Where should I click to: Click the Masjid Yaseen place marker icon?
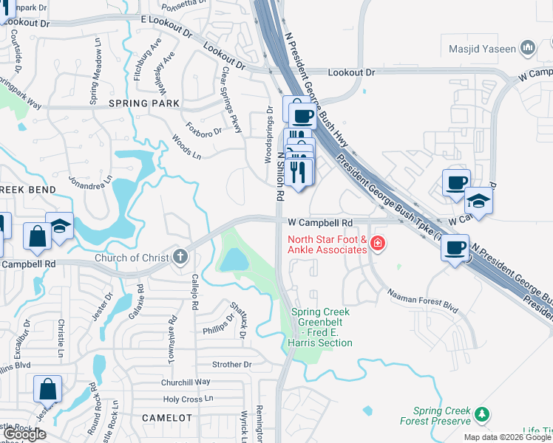(x=528, y=49)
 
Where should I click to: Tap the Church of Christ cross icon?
(x=179, y=258)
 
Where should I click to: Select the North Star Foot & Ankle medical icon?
(x=378, y=243)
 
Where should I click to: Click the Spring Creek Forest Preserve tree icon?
(x=482, y=414)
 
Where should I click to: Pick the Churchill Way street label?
(x=187, y=382)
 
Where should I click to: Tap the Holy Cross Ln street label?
(x=188, y=399)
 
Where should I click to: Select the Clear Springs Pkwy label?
(x=231, y=101)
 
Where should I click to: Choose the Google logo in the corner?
(x=25, y=435)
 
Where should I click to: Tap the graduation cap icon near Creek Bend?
(x=59, y=225)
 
